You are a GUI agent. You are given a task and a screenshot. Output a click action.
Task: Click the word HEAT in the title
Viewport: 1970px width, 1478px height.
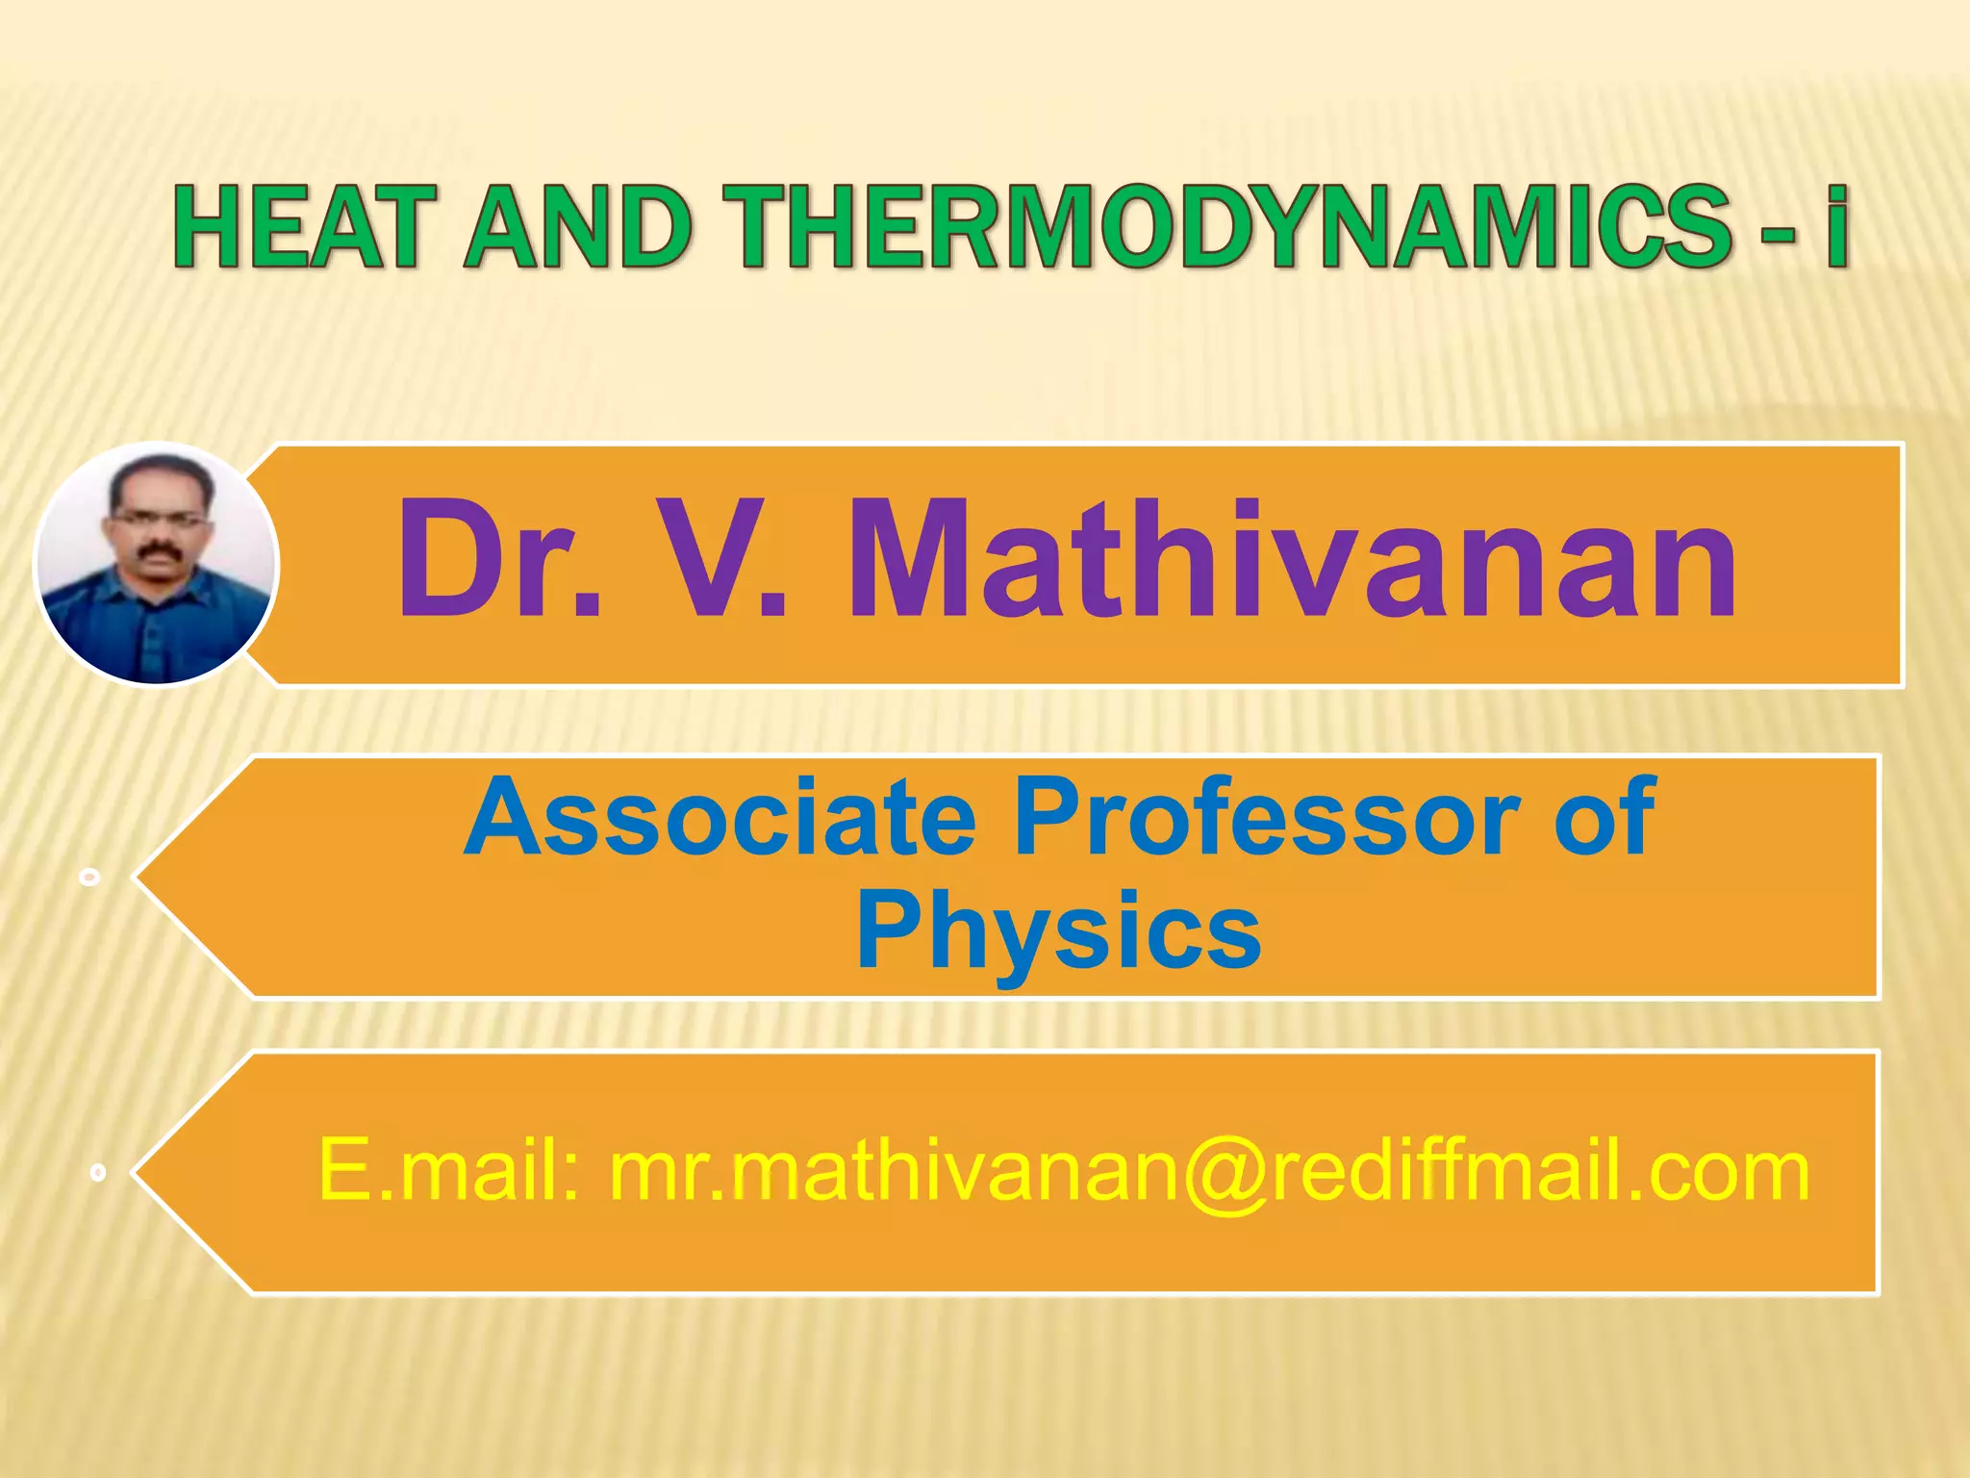click(297, 227)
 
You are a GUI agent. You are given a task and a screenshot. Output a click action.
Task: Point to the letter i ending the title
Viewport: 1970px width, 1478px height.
click(1837, 227)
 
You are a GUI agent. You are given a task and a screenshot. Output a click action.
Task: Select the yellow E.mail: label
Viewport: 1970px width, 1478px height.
click(448, 1170)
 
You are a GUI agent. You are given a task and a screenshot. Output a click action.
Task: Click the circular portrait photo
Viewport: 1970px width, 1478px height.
click(156, 564)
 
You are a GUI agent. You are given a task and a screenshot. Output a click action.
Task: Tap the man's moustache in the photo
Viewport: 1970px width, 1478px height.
click(156, 551)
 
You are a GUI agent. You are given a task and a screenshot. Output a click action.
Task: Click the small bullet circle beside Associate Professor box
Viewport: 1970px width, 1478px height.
click(90, 878)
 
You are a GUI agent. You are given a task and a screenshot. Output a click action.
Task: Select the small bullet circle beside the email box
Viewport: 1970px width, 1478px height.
click(97, 1172)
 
